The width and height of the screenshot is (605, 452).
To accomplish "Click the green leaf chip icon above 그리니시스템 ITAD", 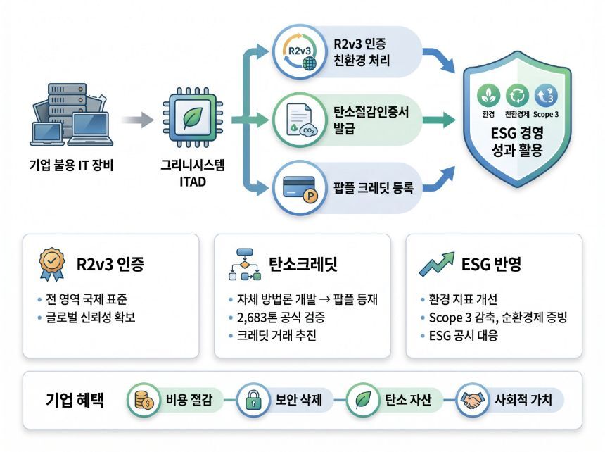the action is [x=193, y=118].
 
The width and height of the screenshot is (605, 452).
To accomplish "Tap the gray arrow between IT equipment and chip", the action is [x=137, y=120].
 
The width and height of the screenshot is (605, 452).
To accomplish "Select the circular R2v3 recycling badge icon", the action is [x=300, y=52].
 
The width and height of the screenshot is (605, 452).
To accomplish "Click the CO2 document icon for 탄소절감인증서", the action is [x=300, y=120].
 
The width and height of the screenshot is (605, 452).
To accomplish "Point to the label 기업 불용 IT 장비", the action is [x=71, y=165].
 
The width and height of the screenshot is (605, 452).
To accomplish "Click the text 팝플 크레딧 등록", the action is [x=374, y=188].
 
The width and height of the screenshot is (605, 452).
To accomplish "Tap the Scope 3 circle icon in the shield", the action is [x=546, y=95].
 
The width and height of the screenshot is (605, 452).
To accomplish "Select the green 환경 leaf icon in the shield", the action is [x=488, y=95].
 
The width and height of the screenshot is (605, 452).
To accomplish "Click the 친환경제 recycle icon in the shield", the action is [x=517, y=95].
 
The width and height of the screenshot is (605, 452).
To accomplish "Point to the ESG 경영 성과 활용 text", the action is [x=517, y=142].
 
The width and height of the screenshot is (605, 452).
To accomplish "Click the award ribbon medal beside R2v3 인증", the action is [x=51, y=264].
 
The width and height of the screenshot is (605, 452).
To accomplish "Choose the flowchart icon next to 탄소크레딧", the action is [x=245, y=264].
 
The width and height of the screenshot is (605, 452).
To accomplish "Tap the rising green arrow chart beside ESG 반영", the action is [x=437, y=264].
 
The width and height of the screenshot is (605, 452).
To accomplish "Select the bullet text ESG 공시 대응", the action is [x=464, y=335].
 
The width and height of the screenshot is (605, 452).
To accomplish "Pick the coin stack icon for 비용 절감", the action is [x=144, y=400].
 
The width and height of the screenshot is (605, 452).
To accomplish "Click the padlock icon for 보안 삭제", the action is [x=253, y=400].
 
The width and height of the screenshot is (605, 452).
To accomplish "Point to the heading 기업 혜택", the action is [x=75, y=399].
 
